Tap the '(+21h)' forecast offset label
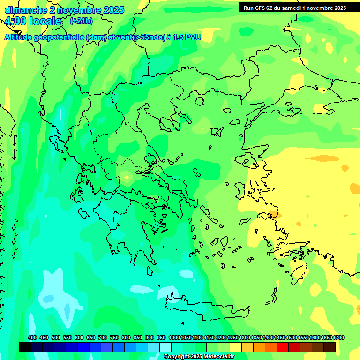[81, 21]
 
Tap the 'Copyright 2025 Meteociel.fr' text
[199, 357]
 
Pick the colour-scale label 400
[32, 338]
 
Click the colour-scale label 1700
[338, 338]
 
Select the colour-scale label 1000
[174, 338]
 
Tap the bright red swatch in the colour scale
[283, 347]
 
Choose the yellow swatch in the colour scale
[236, 347]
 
